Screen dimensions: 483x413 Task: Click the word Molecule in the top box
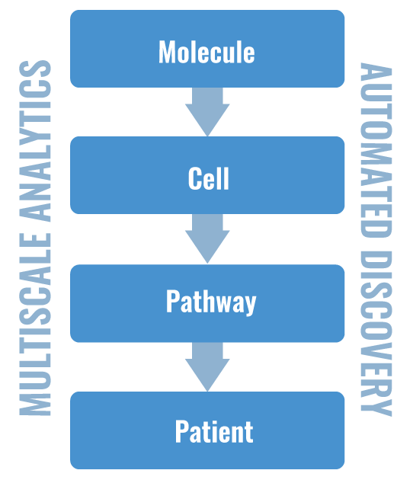[x=206, y=52]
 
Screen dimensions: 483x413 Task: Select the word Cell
[x=209, y=178]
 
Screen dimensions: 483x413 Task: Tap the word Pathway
[x=211, y=302]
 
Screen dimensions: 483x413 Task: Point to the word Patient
[x=214, y=431]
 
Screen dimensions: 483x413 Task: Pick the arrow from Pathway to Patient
[x=207, y=366]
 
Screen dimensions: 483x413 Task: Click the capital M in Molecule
[x=167, y=52]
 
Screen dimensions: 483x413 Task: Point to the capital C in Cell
[x=194, y=178]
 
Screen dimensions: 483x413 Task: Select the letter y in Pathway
[x=248, y=304]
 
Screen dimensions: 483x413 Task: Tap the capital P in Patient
[x=182, y=431]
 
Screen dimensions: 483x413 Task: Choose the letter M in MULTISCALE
[x=36, y=404]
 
